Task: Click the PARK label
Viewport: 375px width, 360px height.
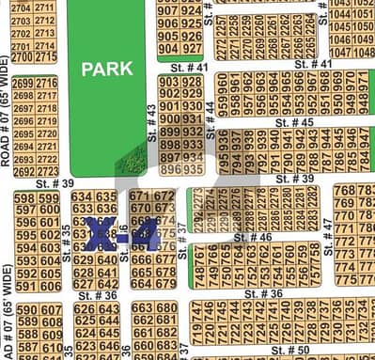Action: pyautogui.click(x=106, y=69)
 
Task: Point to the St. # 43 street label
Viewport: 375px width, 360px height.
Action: pyautogui.click(x=152, y=122)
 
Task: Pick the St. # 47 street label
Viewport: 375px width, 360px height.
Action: pyautogui.click(x=327, y=230)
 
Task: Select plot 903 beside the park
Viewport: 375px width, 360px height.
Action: pyautogui.click(x=169, y=83)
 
